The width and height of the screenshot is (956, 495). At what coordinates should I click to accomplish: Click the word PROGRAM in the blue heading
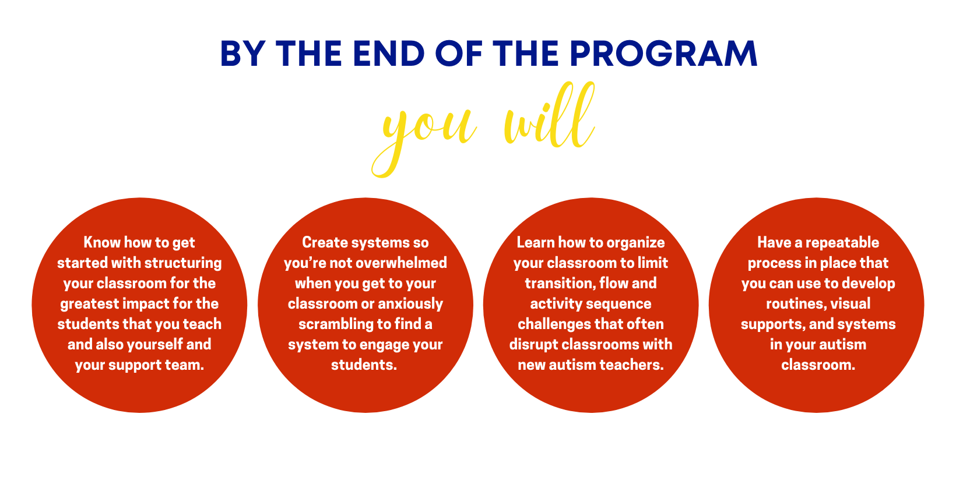click(x=663, y=54)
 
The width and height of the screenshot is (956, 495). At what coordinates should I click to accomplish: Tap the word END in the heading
click(x=389, y=54)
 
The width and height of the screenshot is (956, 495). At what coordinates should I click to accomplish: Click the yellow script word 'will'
click(x=549, y=116)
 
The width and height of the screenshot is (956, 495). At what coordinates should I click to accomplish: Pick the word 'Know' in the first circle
click(x=102, y=242)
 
